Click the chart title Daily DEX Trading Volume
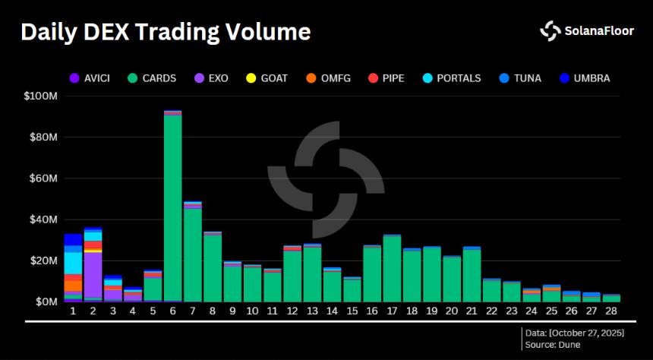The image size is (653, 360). (165, 32)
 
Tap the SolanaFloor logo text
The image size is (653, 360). (597, 31)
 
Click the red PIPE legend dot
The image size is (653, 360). (374, 77)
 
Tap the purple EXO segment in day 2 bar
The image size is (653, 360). (93, 273)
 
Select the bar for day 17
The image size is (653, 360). (392, 269)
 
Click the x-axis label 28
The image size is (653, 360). (611, 311)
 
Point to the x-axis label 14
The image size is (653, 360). (333, 311)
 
